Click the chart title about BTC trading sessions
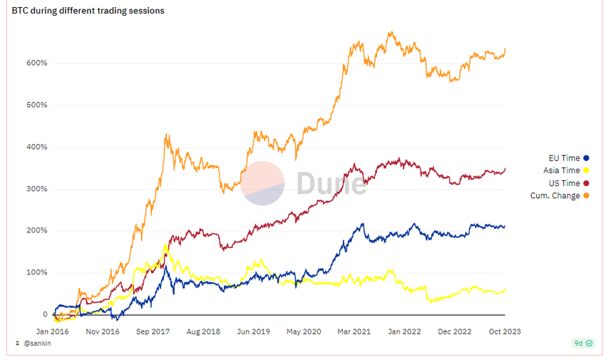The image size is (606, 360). pyautogui.click(x=88, y=11)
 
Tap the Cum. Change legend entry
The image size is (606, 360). pyautogui.click(x=555, y=196)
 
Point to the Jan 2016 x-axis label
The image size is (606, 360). pyautogui.click(x=53, y=331)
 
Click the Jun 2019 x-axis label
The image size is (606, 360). pyautogui.click(x=253, y=331)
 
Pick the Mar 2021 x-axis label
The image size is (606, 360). pyautogui.click(x=354, y=331)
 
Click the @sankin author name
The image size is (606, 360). pyautogui.click(x=37, y=344)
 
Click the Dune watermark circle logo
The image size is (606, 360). pyautogui.click(x=263, y=182)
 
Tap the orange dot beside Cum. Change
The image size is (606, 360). pyautogui.click(x=587, y=196)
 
